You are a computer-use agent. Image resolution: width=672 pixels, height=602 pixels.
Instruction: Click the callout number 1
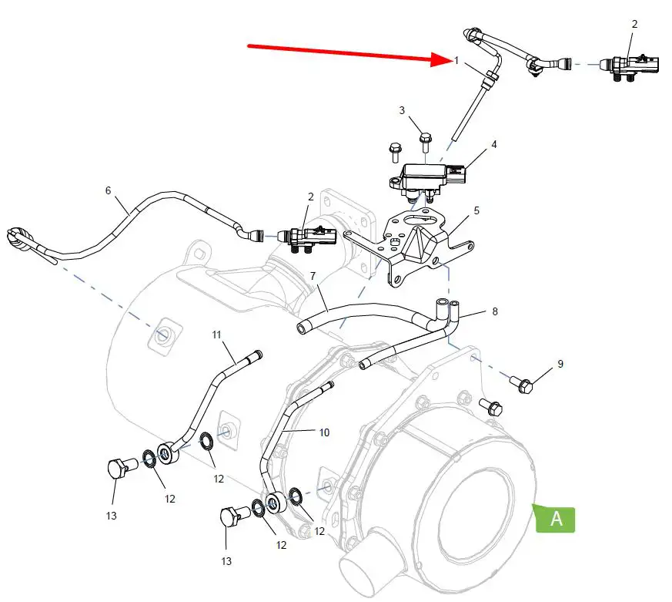coord(456,60)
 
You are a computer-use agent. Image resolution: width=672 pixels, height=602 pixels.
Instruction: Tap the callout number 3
coord(402,110)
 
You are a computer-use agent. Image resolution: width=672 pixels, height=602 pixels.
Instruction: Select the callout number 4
coord(493,144)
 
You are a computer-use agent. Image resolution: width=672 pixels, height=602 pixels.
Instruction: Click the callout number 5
coord(476,210)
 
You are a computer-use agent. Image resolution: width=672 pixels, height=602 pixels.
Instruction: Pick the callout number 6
coord(108,190)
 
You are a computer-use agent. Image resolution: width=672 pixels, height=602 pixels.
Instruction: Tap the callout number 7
coord(313,276)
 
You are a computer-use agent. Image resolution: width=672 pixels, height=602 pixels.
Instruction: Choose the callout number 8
coord(494,312)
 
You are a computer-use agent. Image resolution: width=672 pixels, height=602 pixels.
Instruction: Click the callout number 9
coord(560,364)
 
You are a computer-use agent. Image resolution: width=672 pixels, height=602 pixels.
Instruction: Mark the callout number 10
coord(324,433)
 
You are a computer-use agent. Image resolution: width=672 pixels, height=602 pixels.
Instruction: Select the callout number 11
coord(217,335)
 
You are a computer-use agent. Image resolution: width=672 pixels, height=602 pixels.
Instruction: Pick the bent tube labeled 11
coord(208,401)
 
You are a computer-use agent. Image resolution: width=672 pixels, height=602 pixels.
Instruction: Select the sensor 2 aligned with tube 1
coord(630,66)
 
